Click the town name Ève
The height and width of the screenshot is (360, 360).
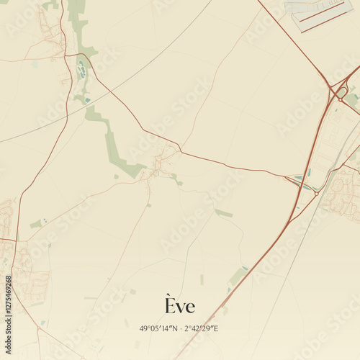pyautogui.click(x=179, y=306)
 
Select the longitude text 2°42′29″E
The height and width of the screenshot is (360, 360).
pyautogui.click(x=201, y=328)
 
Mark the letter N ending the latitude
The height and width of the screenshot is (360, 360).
pyautogui.click(x=178, y=328)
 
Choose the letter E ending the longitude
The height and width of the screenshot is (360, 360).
pyautogui.click(x=215, y=328)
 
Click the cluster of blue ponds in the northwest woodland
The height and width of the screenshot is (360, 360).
pyautogui.click(x=81, y=71)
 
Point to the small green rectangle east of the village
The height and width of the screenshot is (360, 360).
pyautogui.click(x=223, y=213)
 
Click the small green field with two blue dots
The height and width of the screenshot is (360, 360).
pyautogui.click(x=40, y=223)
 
